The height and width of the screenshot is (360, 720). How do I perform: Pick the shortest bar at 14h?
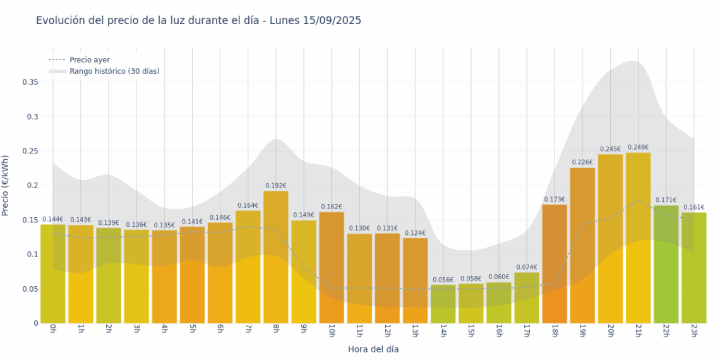443,304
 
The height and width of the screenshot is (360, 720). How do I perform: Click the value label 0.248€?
638,147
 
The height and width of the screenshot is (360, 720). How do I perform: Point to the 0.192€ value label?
276,186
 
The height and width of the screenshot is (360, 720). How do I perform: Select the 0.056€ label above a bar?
443,280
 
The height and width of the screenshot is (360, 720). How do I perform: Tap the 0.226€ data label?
582,162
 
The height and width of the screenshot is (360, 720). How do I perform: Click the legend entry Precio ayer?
90,60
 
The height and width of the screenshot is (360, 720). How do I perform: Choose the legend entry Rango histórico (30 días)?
114,71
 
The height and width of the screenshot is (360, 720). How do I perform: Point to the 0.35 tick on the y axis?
30,82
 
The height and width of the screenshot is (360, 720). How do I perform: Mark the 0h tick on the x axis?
53,330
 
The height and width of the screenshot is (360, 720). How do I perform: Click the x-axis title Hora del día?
373,349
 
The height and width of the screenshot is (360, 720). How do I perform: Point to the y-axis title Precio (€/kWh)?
6,186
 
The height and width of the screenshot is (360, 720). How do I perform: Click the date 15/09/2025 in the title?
332,21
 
